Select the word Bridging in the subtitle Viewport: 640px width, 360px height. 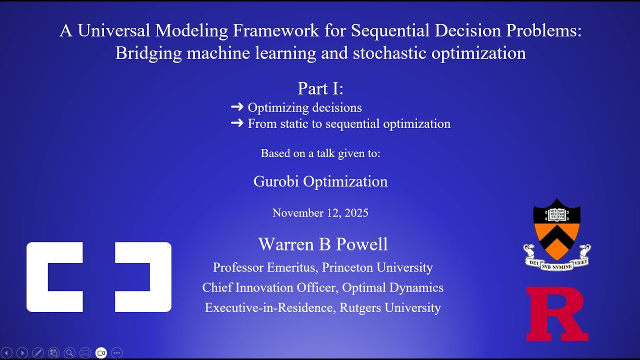pyautogui.click(x=148, y=53)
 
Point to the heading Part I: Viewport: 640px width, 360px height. pyautogui.click(x=320, y=88)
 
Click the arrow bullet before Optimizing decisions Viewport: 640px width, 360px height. pyautogui.click(x=237, y=107)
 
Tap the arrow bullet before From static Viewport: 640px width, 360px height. pyautogui.click(x=237, y=123)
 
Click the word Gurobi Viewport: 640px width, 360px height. pyautogui.click(x=276, y=181)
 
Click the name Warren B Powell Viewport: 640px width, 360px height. pyautogui.click(x=323, y=244)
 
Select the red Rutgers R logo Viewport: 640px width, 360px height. pyautogui.click(x=556, y=314)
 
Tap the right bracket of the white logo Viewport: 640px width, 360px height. pyautogui.click(x=143, y=277)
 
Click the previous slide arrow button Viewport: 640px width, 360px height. pyautogui.click(x=6, y=353)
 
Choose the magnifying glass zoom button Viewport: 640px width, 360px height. pyautogui.click(x=69, y=353)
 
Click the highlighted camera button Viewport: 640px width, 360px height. pyautogui.click(x=101, y=353)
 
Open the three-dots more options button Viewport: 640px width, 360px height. pyautogui.click(x=117, y=353)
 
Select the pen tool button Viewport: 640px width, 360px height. pyautogui.click(x=38, y=353)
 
